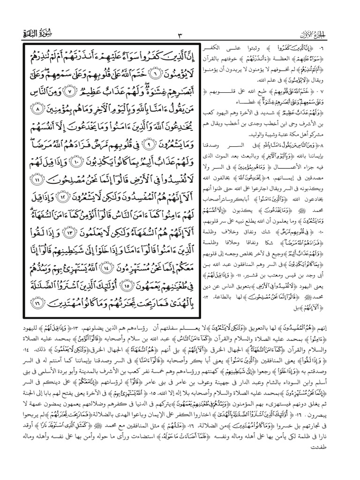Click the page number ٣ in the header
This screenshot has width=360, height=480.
coord(180,35)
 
